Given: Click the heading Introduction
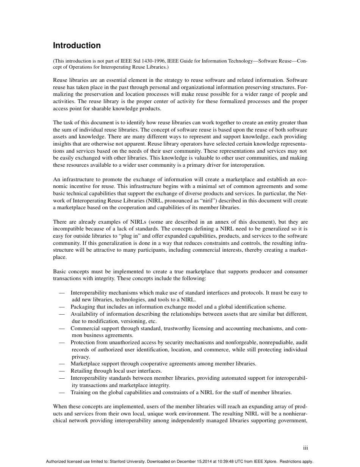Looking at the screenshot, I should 77,45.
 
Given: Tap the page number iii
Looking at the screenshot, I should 305,448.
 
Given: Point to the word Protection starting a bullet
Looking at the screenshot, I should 83,342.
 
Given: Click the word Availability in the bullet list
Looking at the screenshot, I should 84,314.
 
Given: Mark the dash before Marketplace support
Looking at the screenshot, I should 62,364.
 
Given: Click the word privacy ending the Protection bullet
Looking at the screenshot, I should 81,357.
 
